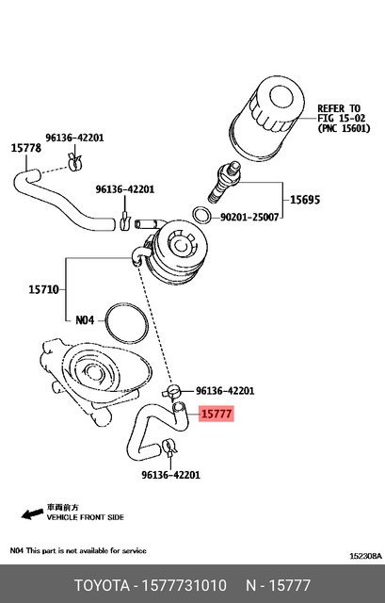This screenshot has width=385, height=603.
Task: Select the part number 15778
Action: pyautogui.click(x=25, y=148)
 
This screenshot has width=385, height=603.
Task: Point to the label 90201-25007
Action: pyautogui.click(x=249, y=217)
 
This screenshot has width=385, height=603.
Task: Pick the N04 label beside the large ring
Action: pyautogui.click(x=86, y=319)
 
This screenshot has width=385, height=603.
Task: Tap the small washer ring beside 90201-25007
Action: pyautogui.click(x=201, y=216)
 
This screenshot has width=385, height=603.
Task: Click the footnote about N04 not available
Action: pyautogui.click(x=77, y=549)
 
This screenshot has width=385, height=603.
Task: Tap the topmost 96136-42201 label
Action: pyautogui.click(x=74, y=137)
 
